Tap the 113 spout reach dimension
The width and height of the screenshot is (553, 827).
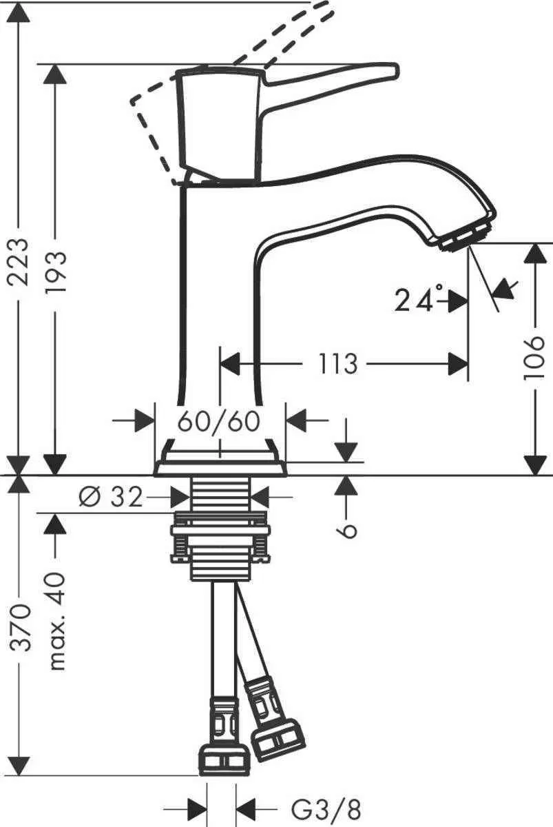click(x=338, y=363)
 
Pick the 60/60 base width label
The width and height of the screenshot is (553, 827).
click(x=220, y=420)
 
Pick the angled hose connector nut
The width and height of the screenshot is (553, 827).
click(x=277, y=738)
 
